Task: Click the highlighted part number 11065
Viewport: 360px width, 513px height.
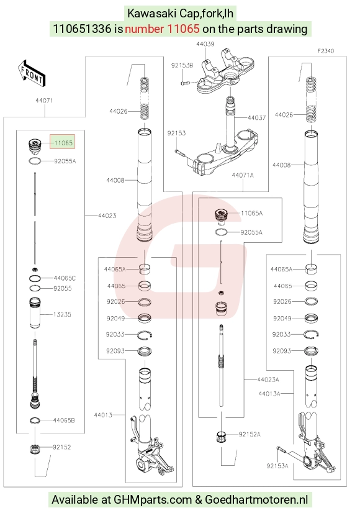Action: click(63, 143)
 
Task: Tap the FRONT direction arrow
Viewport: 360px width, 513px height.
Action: click(32, 73)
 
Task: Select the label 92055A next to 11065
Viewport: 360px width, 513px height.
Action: click(65, 161)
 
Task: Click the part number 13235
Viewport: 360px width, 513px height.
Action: click(62, 314)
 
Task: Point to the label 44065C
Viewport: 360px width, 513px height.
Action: click(65, 278)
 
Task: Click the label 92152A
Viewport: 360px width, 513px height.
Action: click(250, 435)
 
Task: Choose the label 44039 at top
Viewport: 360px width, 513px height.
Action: click(205, 44)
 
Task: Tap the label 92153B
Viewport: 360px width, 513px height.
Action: click(182, 65)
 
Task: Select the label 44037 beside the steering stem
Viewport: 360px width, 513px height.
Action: click(257, 117)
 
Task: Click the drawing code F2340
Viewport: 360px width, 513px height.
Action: click(326, 51)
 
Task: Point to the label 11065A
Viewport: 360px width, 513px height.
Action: click(251, 213)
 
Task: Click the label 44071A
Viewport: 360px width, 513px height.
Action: click(243, 175)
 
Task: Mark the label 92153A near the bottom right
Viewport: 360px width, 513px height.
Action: click(277, 466)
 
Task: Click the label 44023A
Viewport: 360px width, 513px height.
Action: click(268, 379)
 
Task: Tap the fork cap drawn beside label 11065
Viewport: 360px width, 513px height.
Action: click(34, 147)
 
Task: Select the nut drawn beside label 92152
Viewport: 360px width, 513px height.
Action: click(34, 449)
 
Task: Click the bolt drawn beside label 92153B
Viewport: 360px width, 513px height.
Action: click(185, 83)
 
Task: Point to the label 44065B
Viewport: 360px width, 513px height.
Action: click(64, 420)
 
